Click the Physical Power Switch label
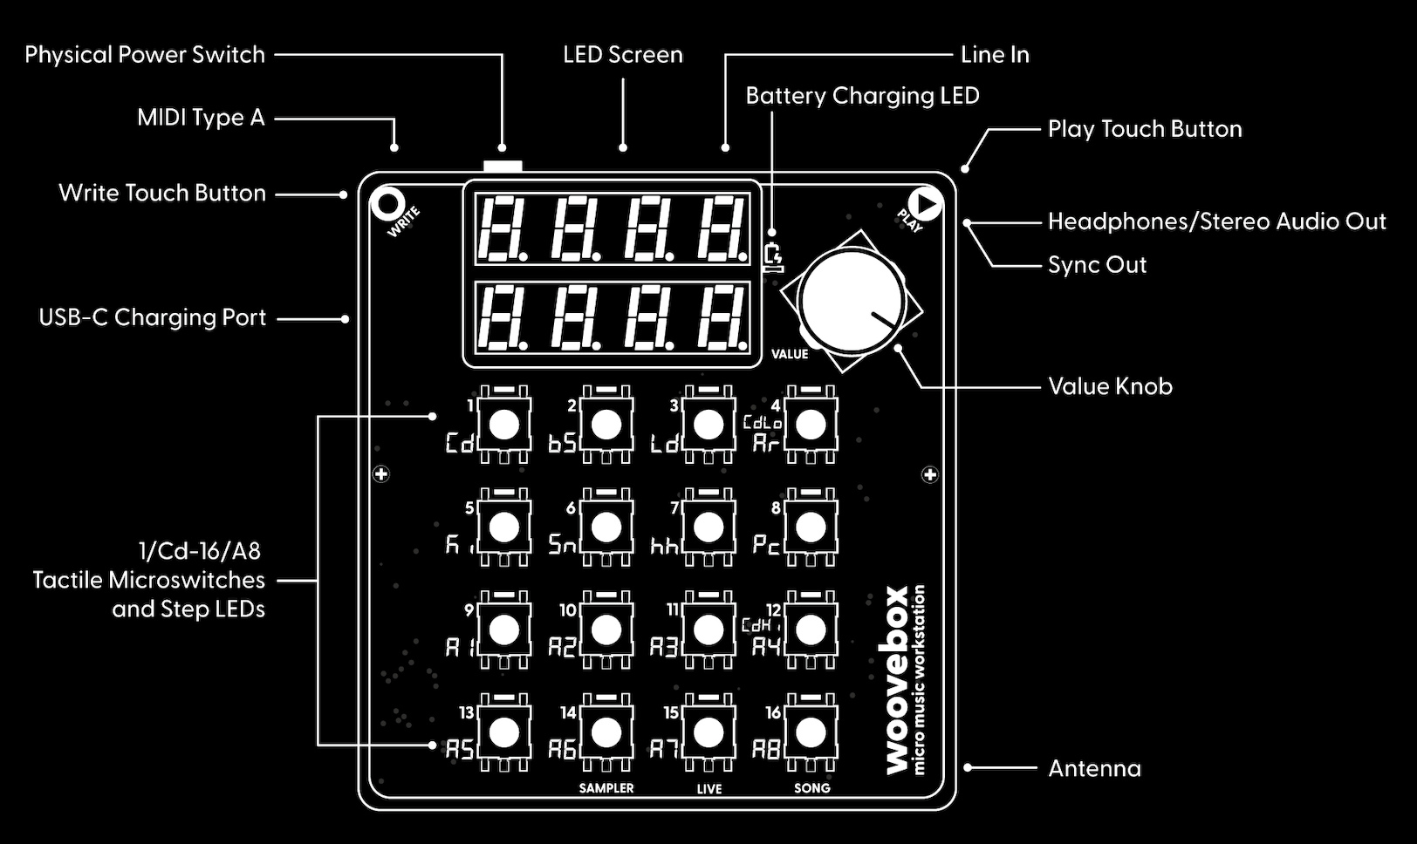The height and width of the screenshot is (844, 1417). pyautogui.click(x=145, y=55)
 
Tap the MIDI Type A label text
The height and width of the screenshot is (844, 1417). pyautogui.click(x=201, y=118)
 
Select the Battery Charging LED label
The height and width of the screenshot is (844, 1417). pyautogui.click(x=862, y=96)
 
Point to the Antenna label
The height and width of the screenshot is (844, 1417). pyautogui.click(x=1094, y=768)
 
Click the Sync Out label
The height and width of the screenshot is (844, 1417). pyautogui.click(x=1097, y=265)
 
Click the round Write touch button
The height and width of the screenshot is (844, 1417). pyautogui.click(x=387, y=205)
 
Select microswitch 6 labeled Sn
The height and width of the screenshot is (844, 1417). pyautogui.click(x=606, y=527)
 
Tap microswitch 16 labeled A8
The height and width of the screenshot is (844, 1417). pyautogui.click(x=811, y=732)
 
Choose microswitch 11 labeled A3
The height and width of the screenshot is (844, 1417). pyautogui.click(x=708, y=630)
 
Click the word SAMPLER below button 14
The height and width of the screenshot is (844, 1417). pyautogui.click(x=606, y=788)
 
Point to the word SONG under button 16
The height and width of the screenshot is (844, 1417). pyautogui.click(x=811, y=788)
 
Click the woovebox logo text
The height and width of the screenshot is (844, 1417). pyautogui.click(x=896, y=680)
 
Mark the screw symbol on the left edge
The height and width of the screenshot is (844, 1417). pyautogui.click(x=381, y=474)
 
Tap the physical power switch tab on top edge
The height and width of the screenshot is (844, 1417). pyautogui.click(x=503, y=165)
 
